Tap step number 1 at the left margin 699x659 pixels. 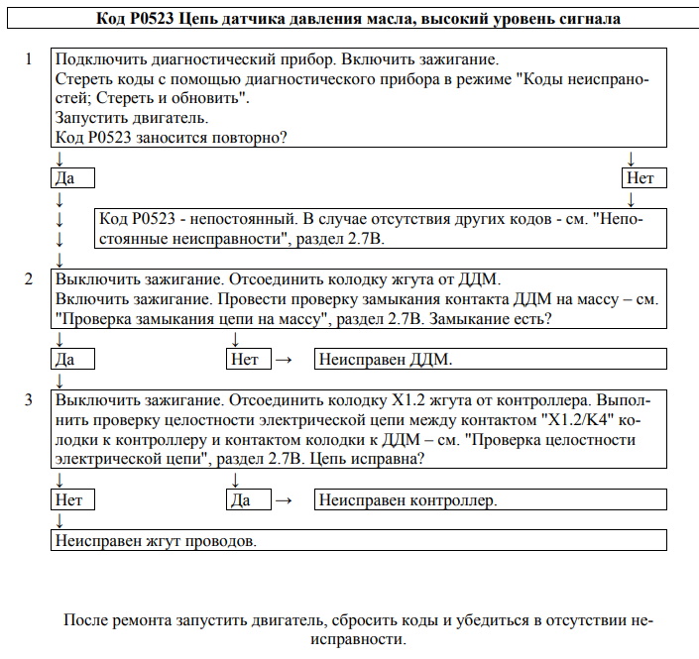click(30, 59)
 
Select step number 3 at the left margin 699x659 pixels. click(30, 400)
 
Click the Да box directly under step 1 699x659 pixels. click(72, 178)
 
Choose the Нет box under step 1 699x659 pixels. click(643, 178)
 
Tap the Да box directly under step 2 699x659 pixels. click(72, 360)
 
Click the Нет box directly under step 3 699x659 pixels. click(72, 500)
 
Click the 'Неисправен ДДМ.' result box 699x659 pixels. click(489, 360)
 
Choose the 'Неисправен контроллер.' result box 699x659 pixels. click(489, 500)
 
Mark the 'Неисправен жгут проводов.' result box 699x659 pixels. click(358, 541)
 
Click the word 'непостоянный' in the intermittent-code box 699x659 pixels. click(237, 219)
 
